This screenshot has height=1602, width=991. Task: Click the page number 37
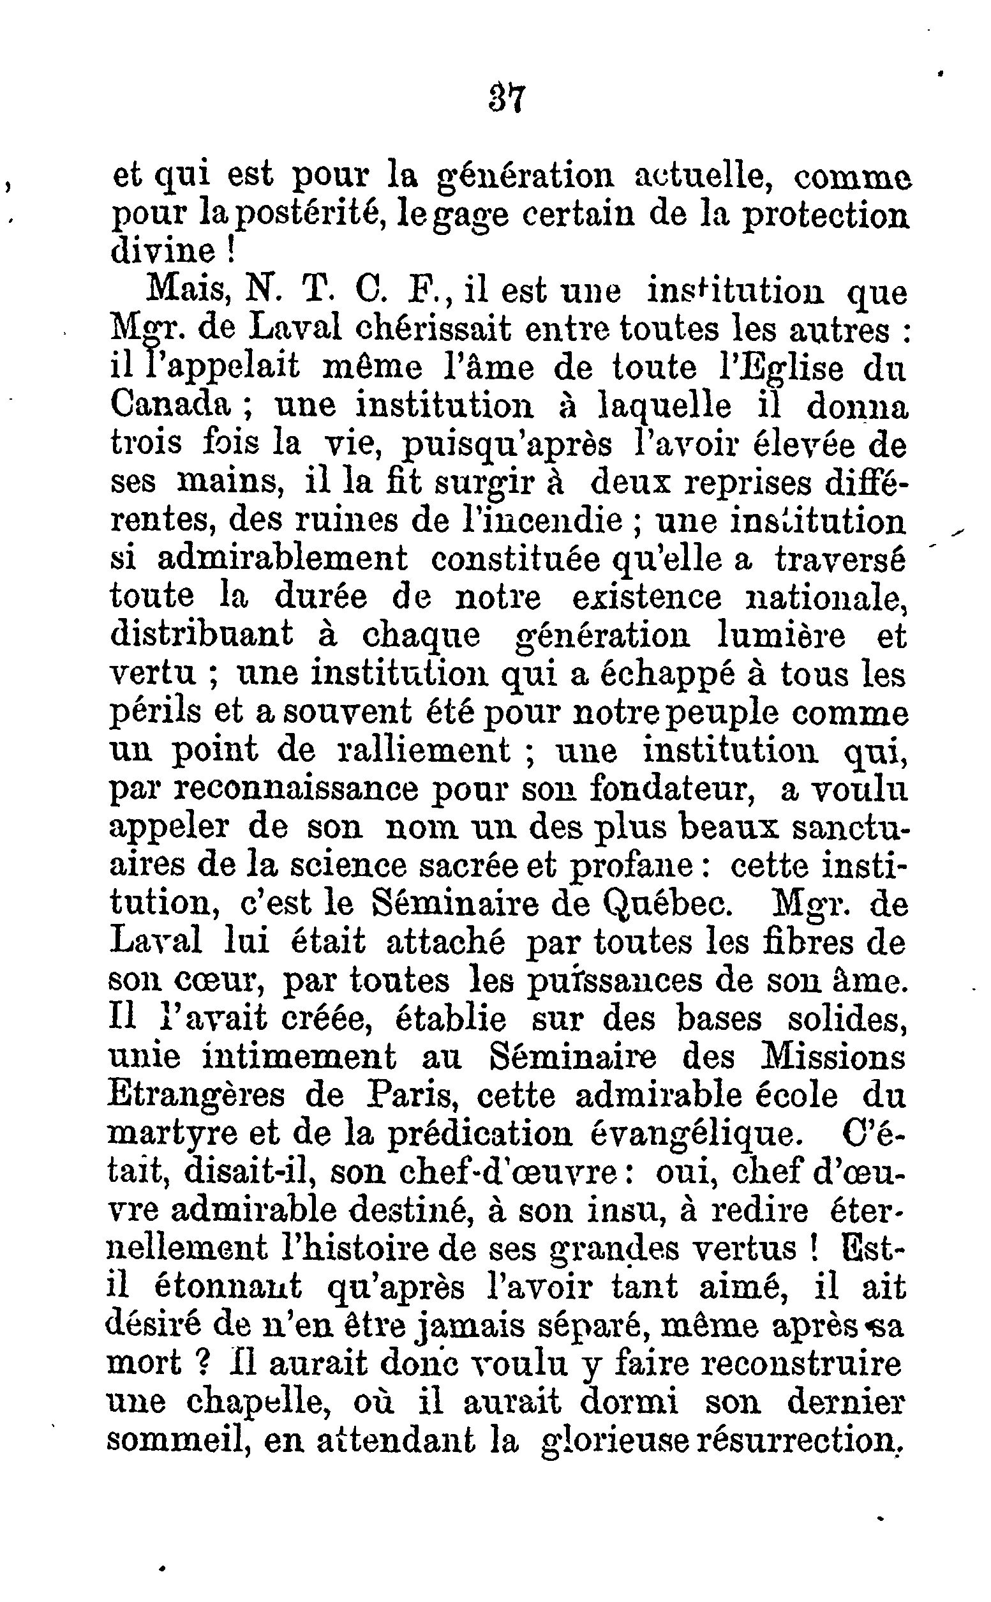tap(506, 99)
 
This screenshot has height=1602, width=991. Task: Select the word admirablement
tap(283, 559)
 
